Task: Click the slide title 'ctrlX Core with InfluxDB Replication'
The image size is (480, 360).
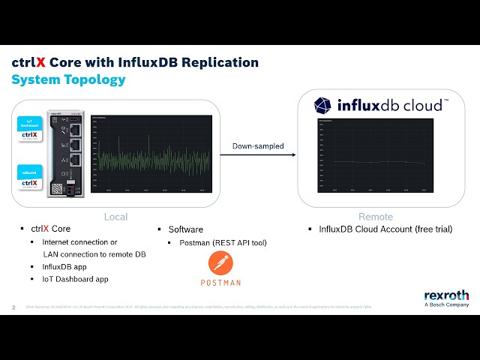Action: click(135, 63)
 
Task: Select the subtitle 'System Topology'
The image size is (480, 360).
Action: click(68, 79)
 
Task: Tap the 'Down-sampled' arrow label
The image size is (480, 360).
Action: click(257, 145)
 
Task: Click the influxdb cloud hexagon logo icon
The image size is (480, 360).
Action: click(323, 105)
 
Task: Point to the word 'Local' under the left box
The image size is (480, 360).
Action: click(115, 217)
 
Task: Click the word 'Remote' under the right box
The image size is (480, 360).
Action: click(375, 217)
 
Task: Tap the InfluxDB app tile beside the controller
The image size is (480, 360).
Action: click(28, 178)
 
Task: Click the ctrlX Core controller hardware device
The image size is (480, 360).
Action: click(64, 154)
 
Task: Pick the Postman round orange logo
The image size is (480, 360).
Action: click(220, 263)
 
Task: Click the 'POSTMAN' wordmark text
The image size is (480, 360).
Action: click(220, 283)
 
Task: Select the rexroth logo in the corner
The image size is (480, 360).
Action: click(446, 295)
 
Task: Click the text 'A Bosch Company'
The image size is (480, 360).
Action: click(446, 305)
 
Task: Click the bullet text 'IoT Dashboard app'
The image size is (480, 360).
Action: click(75, 279)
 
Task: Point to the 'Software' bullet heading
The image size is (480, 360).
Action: click(185, 229)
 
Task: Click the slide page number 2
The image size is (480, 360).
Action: click(13, 307)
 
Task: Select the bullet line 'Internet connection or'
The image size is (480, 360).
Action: click(79, 242)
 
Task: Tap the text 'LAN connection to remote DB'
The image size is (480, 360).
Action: click(94, 254)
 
